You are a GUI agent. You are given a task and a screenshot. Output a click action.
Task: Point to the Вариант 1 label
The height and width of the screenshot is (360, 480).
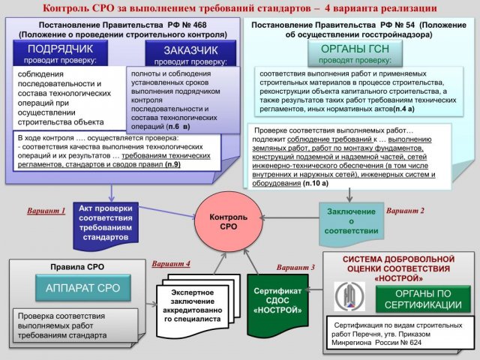pos(46,211)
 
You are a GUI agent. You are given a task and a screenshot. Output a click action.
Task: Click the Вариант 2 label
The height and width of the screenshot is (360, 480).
pos(405,211)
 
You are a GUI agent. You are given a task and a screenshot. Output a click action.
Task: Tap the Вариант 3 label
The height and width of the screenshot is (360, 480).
pos(295,267)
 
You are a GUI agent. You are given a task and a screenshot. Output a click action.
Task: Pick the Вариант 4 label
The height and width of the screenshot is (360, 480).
pos(171,264)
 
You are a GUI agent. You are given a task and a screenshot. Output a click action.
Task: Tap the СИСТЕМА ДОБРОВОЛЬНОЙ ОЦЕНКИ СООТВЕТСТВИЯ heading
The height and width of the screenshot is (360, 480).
pos(398,268)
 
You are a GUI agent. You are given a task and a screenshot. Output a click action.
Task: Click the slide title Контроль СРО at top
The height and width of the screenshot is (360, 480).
pos(240,8)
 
